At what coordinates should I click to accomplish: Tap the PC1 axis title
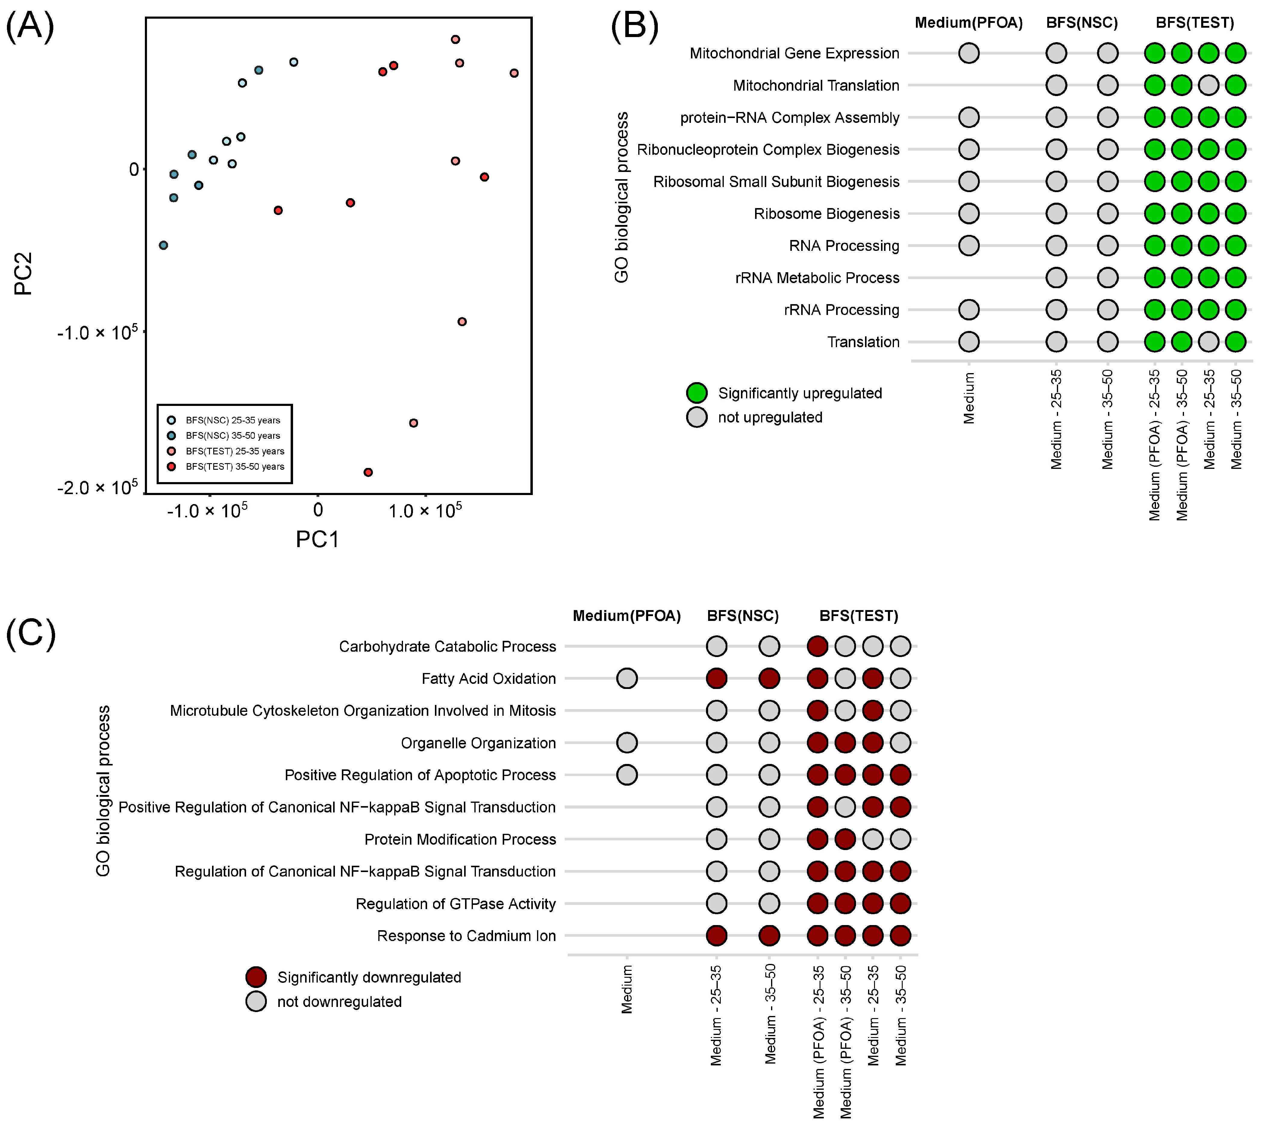pyautogui.click(x=317, y=539)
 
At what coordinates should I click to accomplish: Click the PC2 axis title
pyautogui.click(x=23, y=273)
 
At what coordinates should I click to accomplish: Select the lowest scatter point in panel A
pyautogui.click(x=368, y=472)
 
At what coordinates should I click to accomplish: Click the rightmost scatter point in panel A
pyautogui.click(x=514, y=73)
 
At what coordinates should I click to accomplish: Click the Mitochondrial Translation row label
pyautogui.click(x=816, y=86)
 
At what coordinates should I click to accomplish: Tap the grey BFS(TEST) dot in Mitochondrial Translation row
pyautogui.click(x=1209, y=86)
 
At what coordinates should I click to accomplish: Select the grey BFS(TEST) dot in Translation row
pyautogui.click(x=1209, y=341)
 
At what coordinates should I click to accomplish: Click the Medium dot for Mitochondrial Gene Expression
pyautogui.click(x=969, y=53)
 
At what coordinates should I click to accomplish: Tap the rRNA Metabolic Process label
pyautogui.click(x=817, y=278)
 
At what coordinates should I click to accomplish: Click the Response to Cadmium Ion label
pyautogui.click(x=466, y=936)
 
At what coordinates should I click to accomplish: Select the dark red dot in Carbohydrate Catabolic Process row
pyautogui.click(x=817, y=647)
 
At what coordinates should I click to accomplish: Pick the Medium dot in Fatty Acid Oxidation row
pyautogui.click(x=627, y=679)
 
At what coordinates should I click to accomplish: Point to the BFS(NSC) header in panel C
pyautogui.click(x=742, y=616)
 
